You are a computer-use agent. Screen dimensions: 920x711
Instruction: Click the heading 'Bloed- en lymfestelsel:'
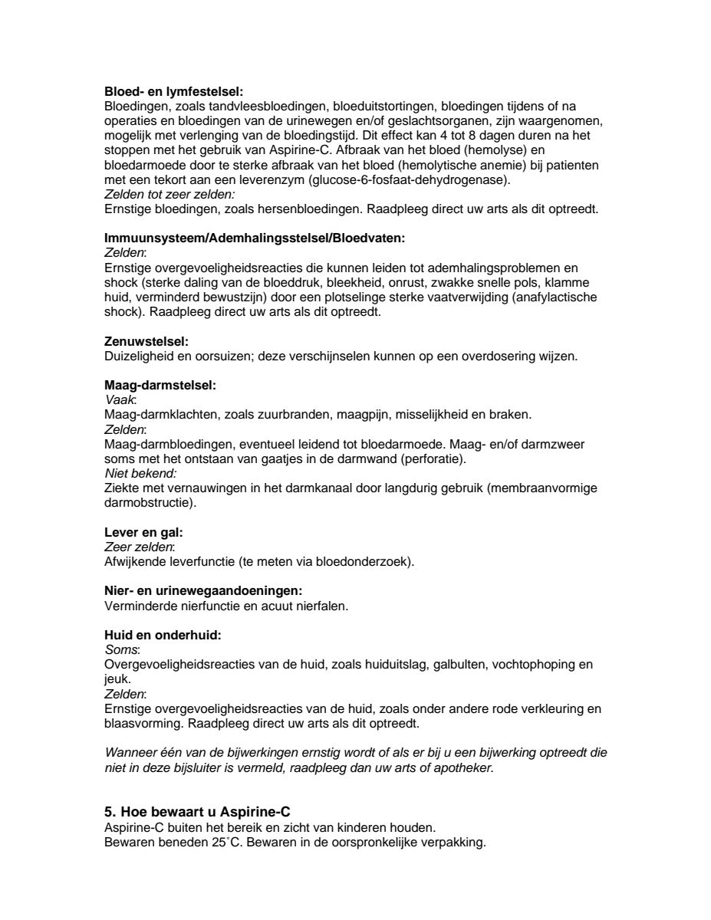click(173, 91)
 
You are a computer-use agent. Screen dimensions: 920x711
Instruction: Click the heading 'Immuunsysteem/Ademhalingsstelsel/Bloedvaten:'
click(254, 238)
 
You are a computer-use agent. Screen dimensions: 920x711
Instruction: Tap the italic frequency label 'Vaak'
click(119, 400)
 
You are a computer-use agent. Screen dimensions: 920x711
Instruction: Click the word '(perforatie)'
click(431, 459)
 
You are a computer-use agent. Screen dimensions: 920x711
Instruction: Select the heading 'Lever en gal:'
click(143, 531)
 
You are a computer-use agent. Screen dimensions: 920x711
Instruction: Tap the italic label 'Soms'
click(120, 649)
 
